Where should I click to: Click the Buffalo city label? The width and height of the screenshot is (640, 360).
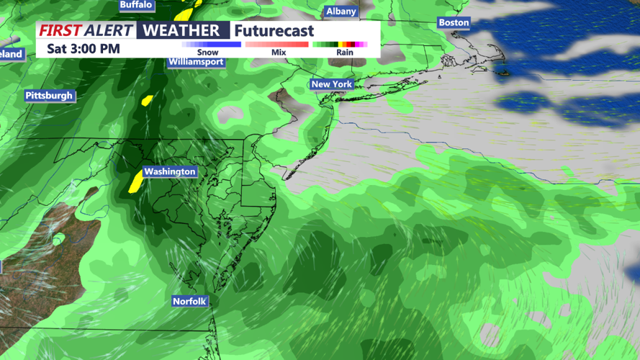(136, 5)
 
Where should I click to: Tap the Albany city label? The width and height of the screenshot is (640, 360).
(341, 12)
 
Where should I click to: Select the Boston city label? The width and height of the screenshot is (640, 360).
(454, 23)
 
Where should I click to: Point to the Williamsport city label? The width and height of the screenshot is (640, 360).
(196, 62)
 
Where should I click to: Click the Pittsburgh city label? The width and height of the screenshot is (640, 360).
(49, 96)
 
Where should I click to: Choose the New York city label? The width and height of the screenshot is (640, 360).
(331, 85)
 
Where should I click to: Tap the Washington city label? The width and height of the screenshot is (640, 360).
(169, 171)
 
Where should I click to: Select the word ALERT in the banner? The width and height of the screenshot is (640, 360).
(108, 30)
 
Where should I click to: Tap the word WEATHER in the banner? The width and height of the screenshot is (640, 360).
(181, 30)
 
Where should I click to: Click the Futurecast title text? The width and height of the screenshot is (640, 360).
(274, 31)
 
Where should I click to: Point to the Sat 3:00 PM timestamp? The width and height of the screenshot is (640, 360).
(84, 49)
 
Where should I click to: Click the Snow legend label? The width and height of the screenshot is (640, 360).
(208, 53)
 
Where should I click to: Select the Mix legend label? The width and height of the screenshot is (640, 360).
(279, 53)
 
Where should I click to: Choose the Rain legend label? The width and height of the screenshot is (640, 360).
(344, 53)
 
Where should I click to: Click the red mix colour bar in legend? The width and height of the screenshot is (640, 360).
(277, 45)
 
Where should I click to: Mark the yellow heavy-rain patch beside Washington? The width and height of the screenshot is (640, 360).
(135, 181)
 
